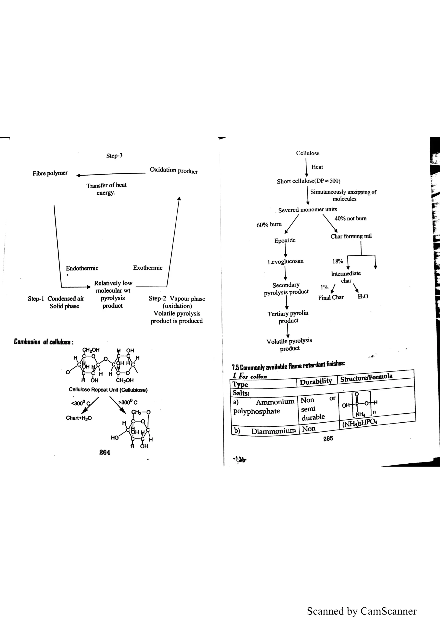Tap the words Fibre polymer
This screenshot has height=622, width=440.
[50, 173]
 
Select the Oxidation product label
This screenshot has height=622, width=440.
[174, 170]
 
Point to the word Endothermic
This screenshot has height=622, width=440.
[82, 268]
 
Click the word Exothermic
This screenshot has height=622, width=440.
[148, 268]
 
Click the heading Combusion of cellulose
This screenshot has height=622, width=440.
[43, 342]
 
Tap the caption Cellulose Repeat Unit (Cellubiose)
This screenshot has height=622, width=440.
[108, 390]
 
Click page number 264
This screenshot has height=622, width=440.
[105, 452]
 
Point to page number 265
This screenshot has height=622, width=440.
[328, 438]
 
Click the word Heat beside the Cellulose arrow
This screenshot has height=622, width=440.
[317, 167]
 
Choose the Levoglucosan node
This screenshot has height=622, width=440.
[286, 262]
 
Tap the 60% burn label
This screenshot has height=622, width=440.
[269, 225]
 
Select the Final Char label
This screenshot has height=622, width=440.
[331, 297]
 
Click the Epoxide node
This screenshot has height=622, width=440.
[285, 240]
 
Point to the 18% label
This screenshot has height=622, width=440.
[338, 261]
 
